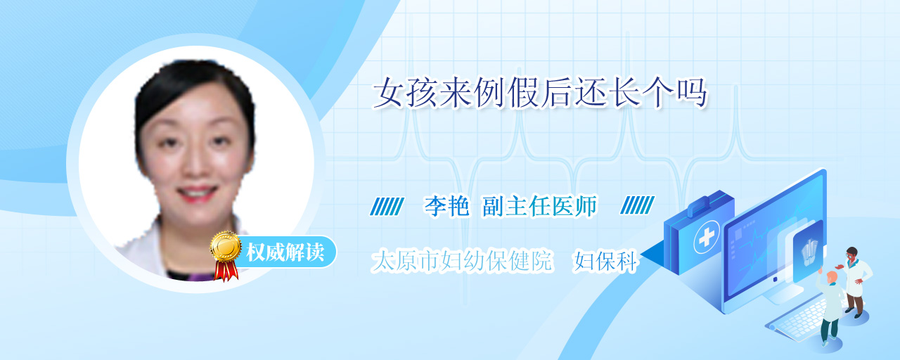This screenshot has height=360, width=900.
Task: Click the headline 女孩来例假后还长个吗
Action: click(540, 94)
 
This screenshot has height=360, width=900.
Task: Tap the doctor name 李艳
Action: click(446, 206)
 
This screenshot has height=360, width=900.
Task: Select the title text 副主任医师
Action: click(539, 206)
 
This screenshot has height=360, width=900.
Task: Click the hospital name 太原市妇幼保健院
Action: click(462, 261)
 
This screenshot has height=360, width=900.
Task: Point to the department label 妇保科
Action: click(605, 262)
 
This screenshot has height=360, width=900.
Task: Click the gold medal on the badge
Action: click(226, 246)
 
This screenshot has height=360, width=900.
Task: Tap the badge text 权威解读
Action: click(285, 252)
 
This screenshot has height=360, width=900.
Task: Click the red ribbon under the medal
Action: click(226, 271)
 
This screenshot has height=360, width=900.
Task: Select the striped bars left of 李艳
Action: click(387, 206)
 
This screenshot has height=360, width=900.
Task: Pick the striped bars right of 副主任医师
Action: click(637, 205)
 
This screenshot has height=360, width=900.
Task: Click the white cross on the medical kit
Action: click(707, 238)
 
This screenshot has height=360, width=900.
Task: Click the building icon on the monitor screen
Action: click(809, 252)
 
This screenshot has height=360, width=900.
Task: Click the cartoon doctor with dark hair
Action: click(854, 281)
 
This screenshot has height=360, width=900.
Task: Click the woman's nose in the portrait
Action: click(195, 161)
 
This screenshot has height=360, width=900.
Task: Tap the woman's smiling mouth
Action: click(198, 194)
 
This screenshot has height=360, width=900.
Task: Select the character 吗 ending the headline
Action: click(691, 94)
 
